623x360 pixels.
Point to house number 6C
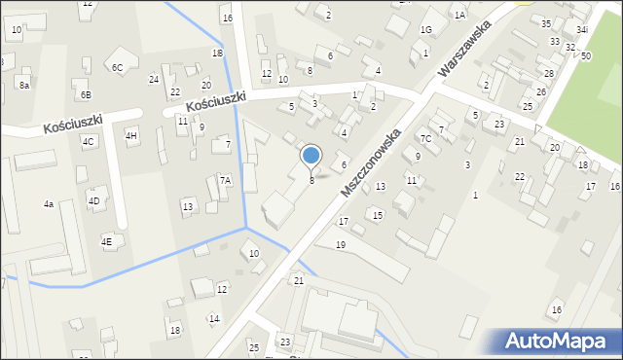click(117, 67)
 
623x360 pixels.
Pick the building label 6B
click(86, 94)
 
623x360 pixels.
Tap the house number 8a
click(24, 86)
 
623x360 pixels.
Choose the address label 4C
click(89, 141)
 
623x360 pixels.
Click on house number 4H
click(131, 135)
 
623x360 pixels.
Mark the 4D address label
click(94, 201)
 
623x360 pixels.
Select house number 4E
click(106, 240)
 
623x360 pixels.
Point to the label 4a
click(48, 204)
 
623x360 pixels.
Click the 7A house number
click(225, 180)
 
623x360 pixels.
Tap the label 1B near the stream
click(217, 53)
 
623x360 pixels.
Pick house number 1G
click(425, 30)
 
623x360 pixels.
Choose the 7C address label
click(425, 139)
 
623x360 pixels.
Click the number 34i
click(581, 30)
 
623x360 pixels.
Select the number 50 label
click(586, 56)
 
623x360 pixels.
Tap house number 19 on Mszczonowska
click(340, 244)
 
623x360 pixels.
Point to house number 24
click(153, 79)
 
